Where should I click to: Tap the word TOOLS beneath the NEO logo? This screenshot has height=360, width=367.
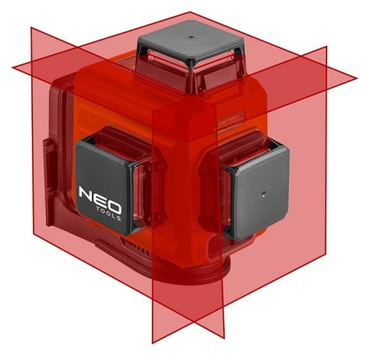[x=102, y=214]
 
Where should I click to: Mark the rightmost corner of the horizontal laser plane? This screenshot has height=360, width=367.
[x=357, y=77]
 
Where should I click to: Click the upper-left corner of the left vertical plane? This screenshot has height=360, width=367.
[x=31, y=28]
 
